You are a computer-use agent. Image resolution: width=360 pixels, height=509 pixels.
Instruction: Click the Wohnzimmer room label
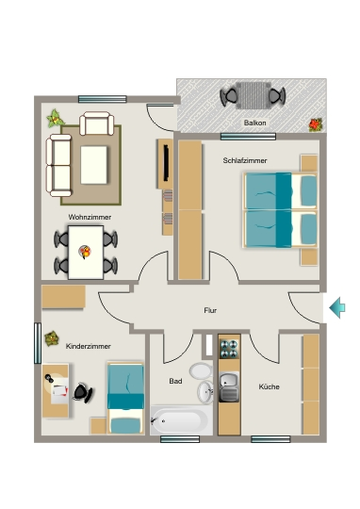(90, 217)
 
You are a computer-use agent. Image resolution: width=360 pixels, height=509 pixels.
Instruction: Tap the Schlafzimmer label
(245, 160)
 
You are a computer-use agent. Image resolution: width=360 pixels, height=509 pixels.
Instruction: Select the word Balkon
(254, 123)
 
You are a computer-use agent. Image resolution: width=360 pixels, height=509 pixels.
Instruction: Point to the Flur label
(210, 310)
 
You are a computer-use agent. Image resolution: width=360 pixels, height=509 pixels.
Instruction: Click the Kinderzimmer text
(89, 346)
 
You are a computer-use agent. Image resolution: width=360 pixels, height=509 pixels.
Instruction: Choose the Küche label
(270, 386)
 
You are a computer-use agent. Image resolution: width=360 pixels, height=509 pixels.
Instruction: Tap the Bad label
(175, 381)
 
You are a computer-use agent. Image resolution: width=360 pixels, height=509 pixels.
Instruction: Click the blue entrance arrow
(337, 307)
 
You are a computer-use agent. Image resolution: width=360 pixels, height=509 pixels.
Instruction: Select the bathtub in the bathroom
(181, 420)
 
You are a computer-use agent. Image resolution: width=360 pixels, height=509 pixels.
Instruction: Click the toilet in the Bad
(201, 370)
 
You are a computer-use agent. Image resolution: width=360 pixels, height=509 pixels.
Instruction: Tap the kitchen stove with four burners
(229, 349)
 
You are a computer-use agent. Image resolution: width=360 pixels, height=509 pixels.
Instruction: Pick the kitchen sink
(229, 387)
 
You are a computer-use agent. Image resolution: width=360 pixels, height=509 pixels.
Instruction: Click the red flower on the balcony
(315, 124)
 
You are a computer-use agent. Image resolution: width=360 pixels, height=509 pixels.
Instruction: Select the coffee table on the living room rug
(94, 165)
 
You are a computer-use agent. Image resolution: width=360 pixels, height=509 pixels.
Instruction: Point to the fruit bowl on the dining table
(85, 252)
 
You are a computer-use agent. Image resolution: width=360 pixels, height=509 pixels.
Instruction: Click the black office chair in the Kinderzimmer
(83, 392)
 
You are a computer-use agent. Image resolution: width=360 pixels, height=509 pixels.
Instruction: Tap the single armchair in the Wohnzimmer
(97, 123)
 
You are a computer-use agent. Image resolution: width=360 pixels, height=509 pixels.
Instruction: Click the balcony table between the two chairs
(253, 95)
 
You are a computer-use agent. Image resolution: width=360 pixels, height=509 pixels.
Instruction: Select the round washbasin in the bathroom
(205, 392)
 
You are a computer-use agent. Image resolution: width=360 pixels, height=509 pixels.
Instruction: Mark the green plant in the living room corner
(55, 119)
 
